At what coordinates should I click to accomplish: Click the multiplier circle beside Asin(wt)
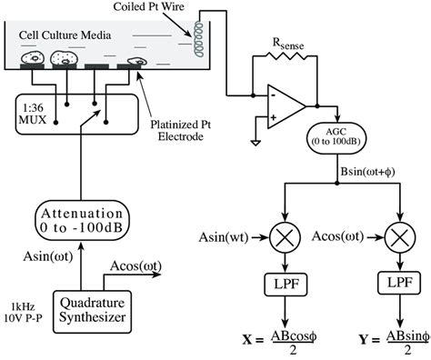click(x=284, y=238)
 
